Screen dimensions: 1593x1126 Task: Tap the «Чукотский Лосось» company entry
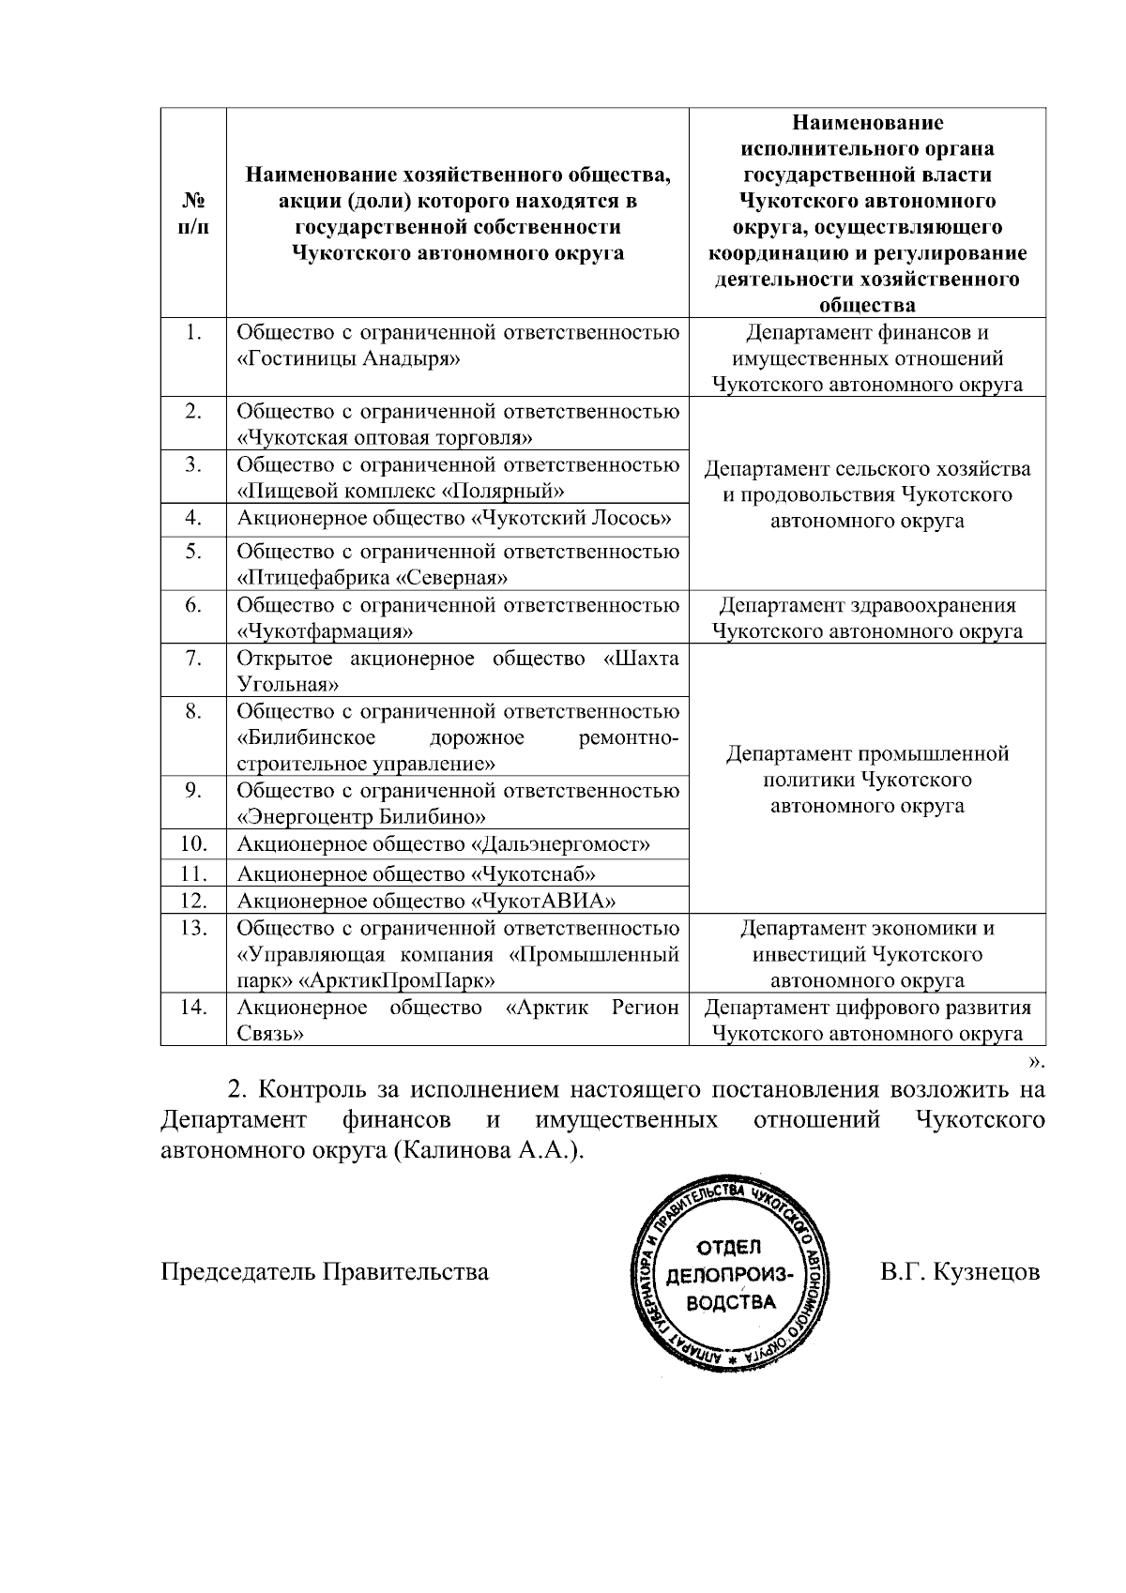coord(571,519)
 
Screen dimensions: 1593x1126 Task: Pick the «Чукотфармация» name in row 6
coord(327,630)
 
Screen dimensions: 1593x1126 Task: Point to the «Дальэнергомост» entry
coord(559,844)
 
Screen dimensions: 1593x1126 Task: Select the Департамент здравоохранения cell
coord(867,617)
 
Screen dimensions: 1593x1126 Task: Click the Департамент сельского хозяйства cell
coord(867,494)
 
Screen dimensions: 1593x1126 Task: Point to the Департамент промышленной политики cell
coord(867,780)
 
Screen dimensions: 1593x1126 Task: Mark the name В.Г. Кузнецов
coord(960,1272)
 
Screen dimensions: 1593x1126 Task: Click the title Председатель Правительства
coord(325,1272)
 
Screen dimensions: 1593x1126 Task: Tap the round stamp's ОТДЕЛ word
coord(730,1247)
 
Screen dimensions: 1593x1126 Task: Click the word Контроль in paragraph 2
coord(309,1091)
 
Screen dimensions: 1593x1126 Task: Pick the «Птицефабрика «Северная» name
coord(373,577)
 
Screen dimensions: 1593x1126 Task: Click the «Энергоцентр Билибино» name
coord(361,816)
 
